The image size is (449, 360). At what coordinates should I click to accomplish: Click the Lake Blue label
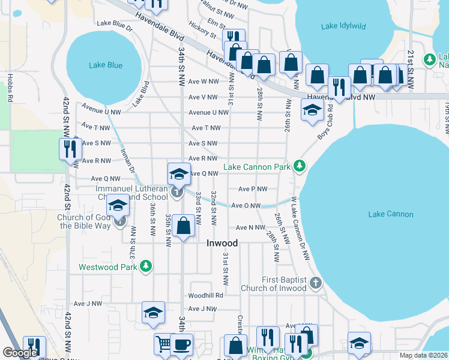pyautogui.click(x=106, y=65)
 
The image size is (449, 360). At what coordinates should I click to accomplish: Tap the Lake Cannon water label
pyautogui.click(x=390, y=214)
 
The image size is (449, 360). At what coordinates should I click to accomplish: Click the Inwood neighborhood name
pyautogui.click(x=222, y=243)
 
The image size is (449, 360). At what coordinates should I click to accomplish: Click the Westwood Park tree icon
pyautogui.click(x=145, y=266)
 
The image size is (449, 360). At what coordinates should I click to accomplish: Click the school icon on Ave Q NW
pyautogui.click(x=179, y=174)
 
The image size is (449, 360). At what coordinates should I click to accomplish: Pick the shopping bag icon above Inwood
pyautogui.click(x=184, y=226)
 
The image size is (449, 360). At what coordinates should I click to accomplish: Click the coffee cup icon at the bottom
pyautogui.click(x=181, y=344)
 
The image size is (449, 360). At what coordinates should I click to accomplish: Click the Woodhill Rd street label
pyautogui.click(x=205, y=295)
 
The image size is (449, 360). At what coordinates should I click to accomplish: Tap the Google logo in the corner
pyautogui.click(x=21, y=353)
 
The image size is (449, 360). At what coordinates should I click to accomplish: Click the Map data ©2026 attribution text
pyautogui.click(x=423, y=355)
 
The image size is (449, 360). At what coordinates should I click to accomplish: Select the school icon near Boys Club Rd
pyautogui.click(x=312, y=110)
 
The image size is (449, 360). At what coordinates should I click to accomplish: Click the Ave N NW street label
pyautogui.click(x=250, y=227)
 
